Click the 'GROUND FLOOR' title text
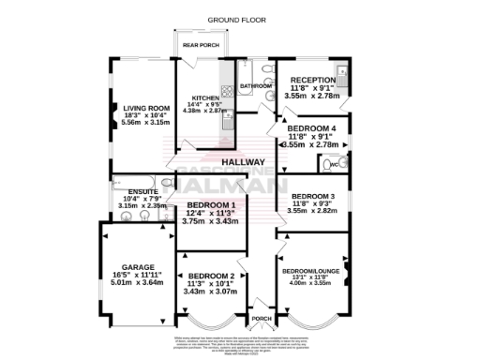coord(232,19)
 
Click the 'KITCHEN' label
coord(204,97)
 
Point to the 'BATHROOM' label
coord(254,85)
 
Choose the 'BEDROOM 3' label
coord(313,185)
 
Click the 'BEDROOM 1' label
coord(210,203)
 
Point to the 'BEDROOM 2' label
coord(211,276)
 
